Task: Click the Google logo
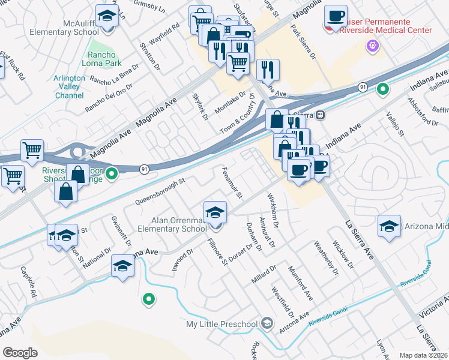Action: point(20,353)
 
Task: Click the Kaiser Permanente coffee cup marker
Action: point(336,16)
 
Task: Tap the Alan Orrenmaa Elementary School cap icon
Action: point(215,212)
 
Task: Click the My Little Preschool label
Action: point(221,325)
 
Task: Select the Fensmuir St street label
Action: point(232,184)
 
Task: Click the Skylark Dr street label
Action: point(200,107)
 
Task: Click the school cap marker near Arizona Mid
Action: point(389,227)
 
